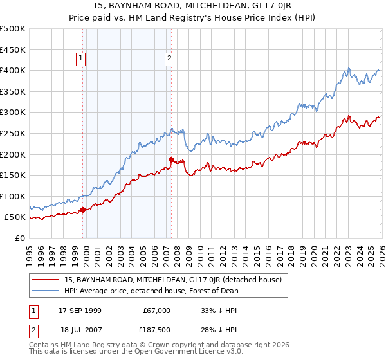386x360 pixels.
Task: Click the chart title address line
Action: (193, 6)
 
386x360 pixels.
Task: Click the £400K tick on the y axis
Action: (13, 71)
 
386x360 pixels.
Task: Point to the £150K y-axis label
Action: (13, 175)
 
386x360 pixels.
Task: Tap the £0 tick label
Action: (19, 238)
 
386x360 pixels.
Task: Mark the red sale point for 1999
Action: (84, 210)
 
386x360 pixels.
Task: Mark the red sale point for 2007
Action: (172, 159)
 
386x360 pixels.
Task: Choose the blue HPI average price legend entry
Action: (151, 291)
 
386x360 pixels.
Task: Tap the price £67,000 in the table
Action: (157, 310)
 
